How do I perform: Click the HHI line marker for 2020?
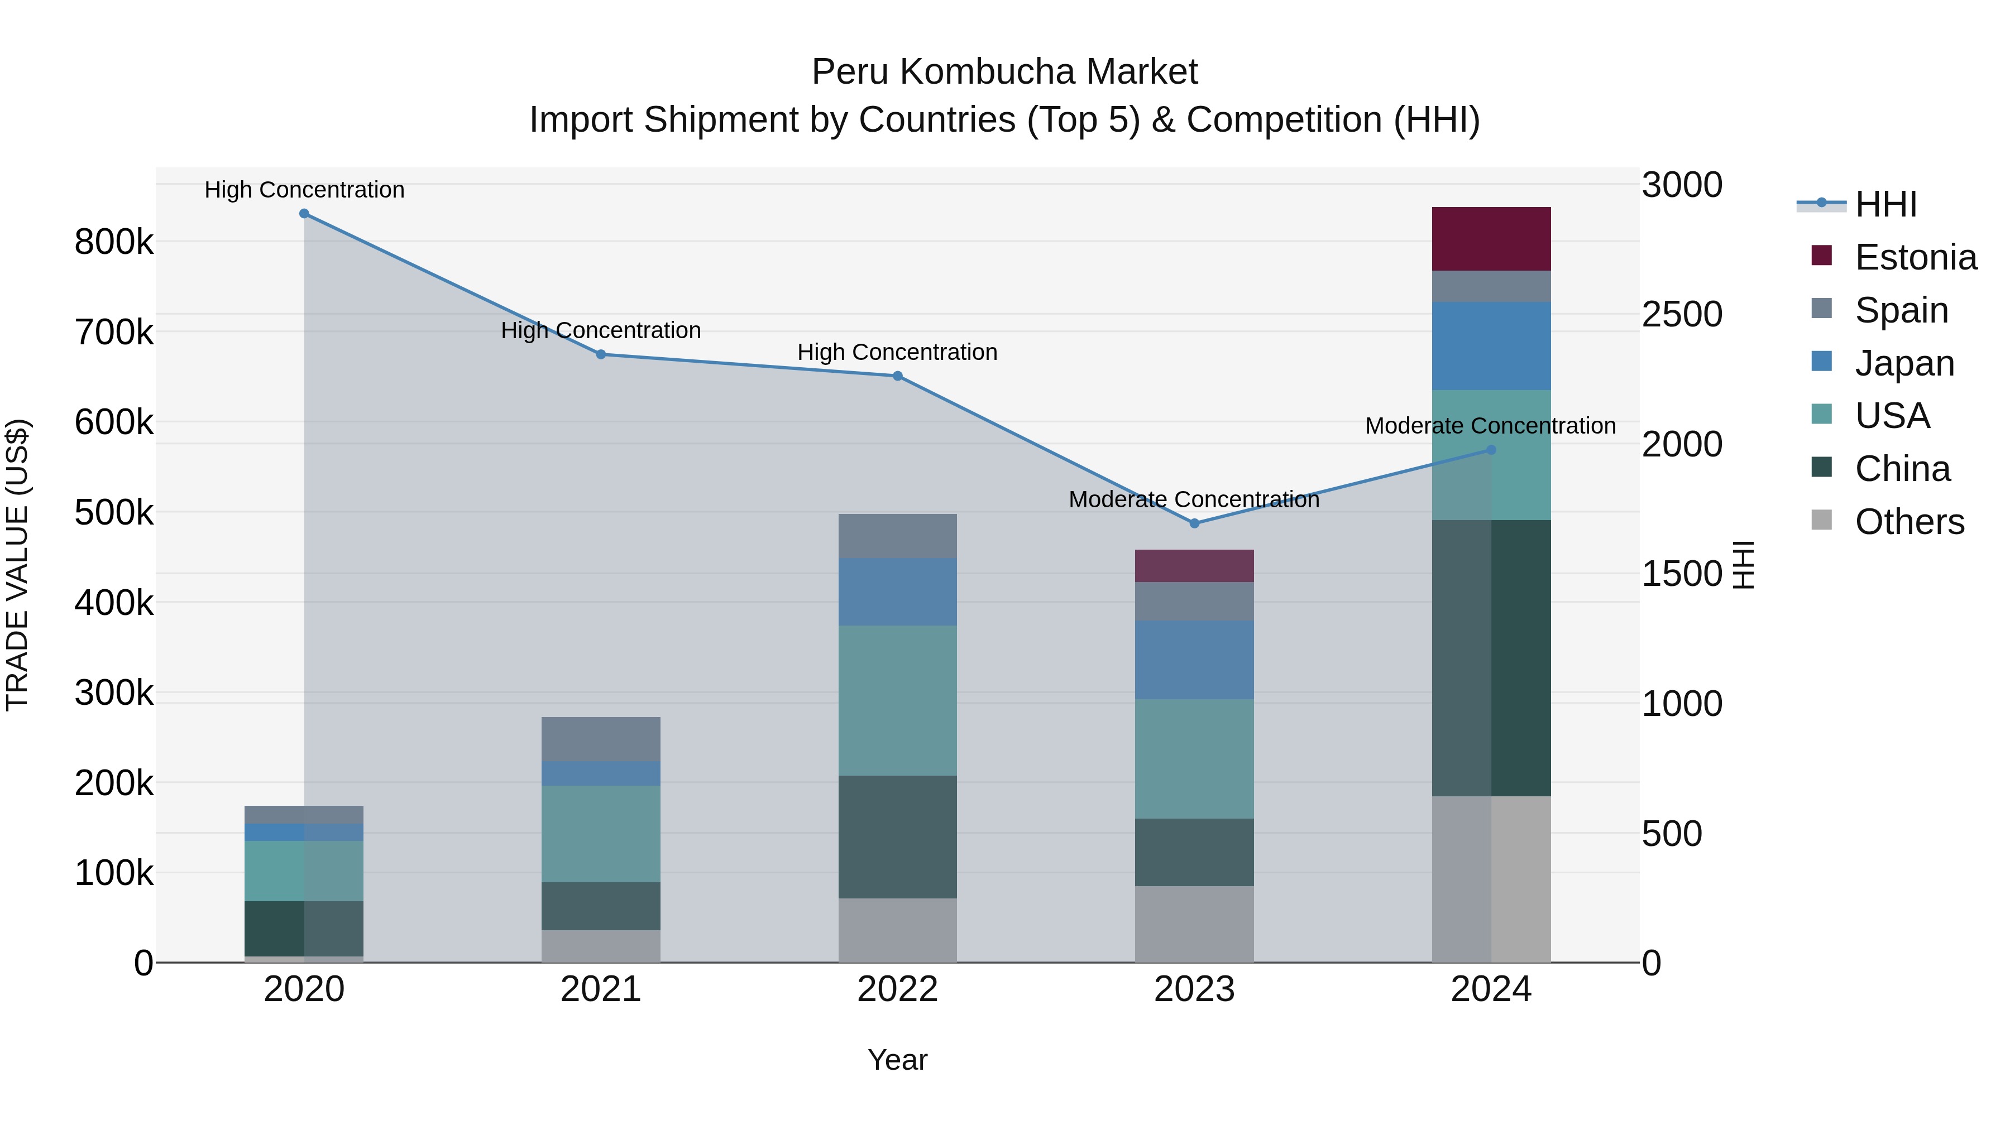pyautogui.click(x=304, y=214)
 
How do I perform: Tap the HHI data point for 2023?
pyautogui.click(x=1194, y=523)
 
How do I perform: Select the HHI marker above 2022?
pyautogui.click(x=897, y=376)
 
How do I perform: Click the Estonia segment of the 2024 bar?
pyautogui.click(x=1491, y=239)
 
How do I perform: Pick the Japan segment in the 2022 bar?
pyautogui.click(x=897, y=592)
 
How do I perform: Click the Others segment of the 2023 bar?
pyautogui.click(x=1194, y=924)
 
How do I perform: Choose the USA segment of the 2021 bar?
pyautogui.click(x=601, y=834)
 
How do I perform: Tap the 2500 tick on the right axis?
pyautogui.click(x=1682, y=314)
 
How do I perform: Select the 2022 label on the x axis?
pyautogui.click(x=897, y=989)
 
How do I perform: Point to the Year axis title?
pyautogui.click(x=897, y=1060)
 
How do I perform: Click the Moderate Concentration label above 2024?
pyautogui.click(x=1490, y=426)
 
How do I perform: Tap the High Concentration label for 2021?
pyautogui.click(x=601, y=331)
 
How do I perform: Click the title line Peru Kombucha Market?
pyautogui.click(x=1004, y=72)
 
